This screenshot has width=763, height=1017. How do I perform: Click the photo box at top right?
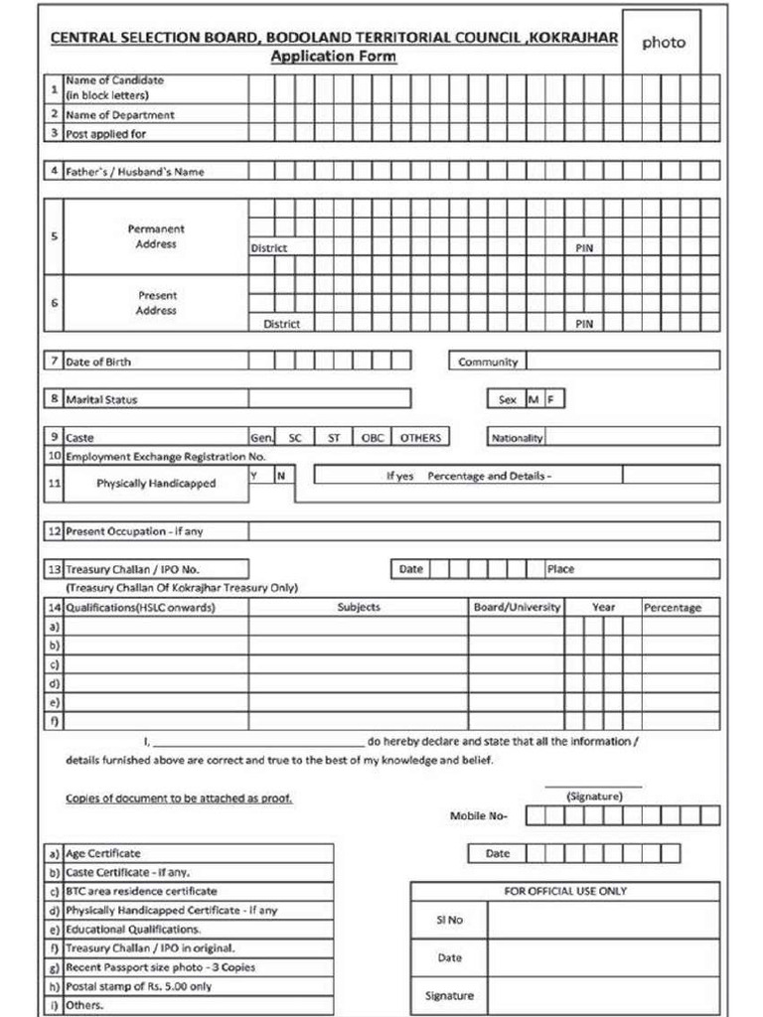(662, 43)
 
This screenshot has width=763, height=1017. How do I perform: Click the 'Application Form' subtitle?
(334, 57)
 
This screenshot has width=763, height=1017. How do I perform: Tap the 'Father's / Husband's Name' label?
(134, 172)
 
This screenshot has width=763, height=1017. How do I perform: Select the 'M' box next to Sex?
(534, 399)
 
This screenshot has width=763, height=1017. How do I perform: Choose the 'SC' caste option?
(295, 437)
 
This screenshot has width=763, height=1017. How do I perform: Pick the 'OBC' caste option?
(372, 437)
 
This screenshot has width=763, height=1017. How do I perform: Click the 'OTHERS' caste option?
(420, 437)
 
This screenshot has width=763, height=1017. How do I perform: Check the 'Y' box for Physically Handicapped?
(255, 476)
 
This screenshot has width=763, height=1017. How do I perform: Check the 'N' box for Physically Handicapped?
(281, 476)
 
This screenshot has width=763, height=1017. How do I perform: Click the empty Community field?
(621, 362)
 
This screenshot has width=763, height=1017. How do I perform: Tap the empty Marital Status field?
(329, 399)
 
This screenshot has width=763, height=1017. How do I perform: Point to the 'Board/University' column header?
(517, 607)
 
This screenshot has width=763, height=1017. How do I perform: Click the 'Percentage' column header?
(673, 607)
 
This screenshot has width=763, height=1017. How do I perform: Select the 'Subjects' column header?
(359, 607)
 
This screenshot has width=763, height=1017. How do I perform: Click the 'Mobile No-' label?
(479, 816)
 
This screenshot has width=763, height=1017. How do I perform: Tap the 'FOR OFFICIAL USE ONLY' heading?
(565, 891)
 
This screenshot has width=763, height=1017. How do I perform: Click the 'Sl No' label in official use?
(450, 920)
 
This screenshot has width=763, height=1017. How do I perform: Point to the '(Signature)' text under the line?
(594, 797)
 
